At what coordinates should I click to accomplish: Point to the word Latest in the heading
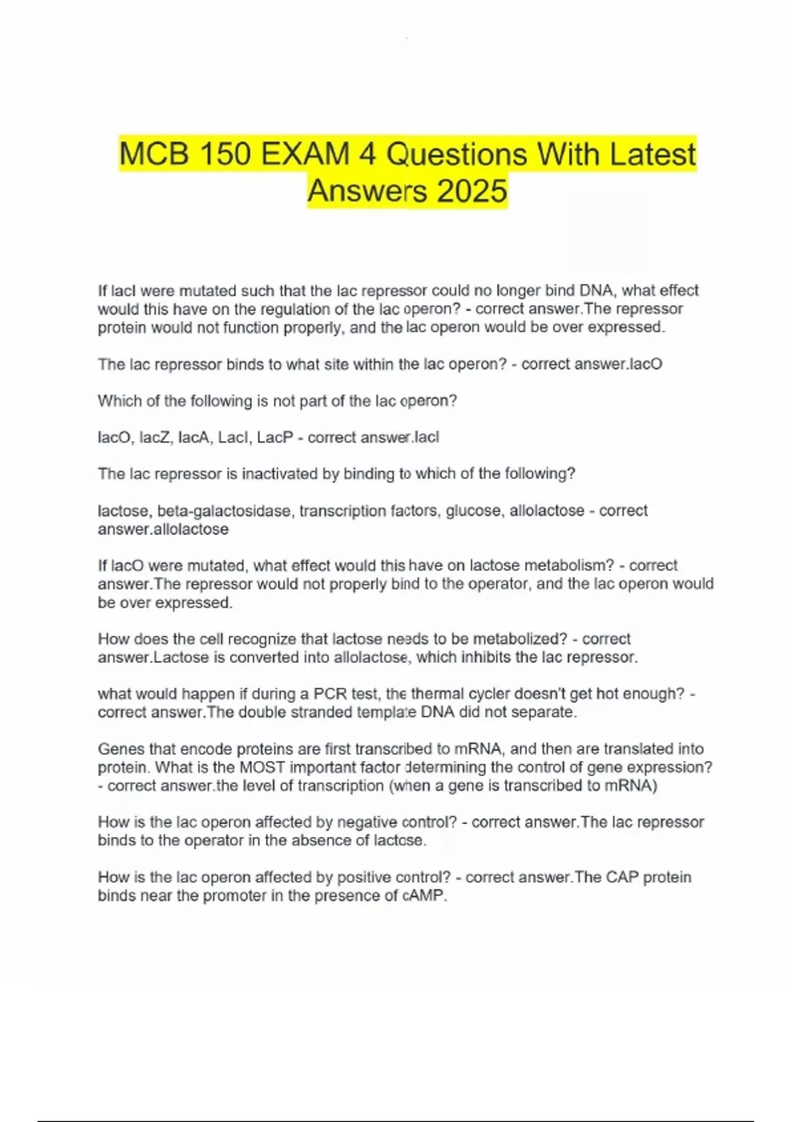(652, 155)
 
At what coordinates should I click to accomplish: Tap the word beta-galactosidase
(224, 511)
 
